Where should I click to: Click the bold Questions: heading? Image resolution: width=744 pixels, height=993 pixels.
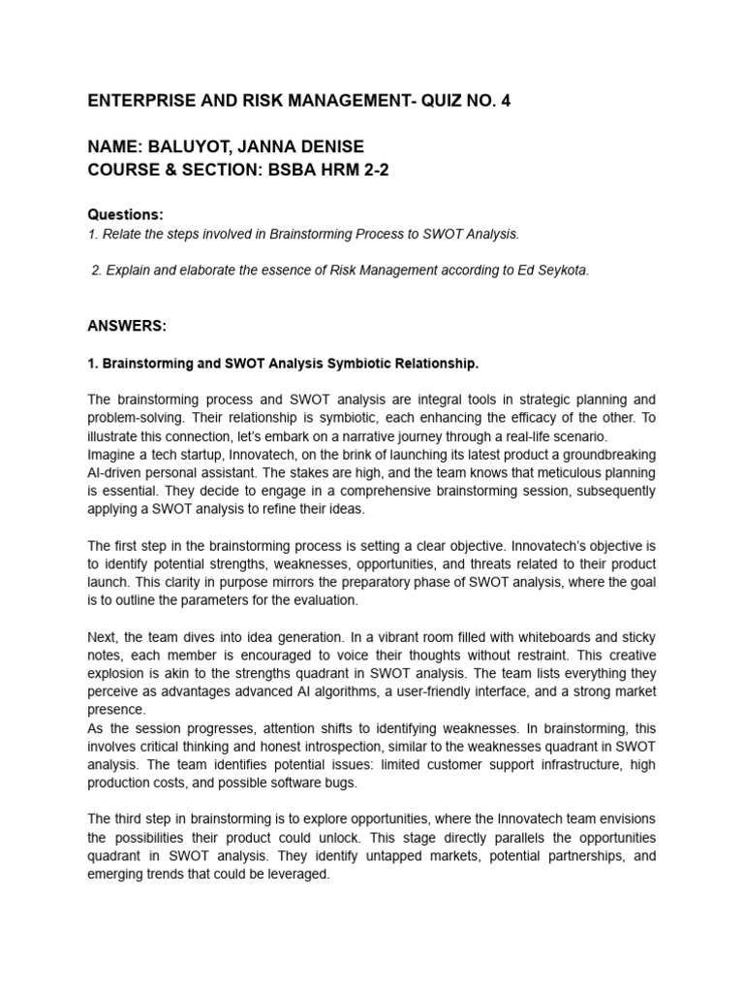pos(126,213)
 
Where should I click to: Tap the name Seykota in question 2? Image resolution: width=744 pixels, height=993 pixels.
pos(559,271)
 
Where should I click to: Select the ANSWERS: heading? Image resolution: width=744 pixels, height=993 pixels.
pos(127,327)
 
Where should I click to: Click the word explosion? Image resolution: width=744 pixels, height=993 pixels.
pos(120,673)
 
